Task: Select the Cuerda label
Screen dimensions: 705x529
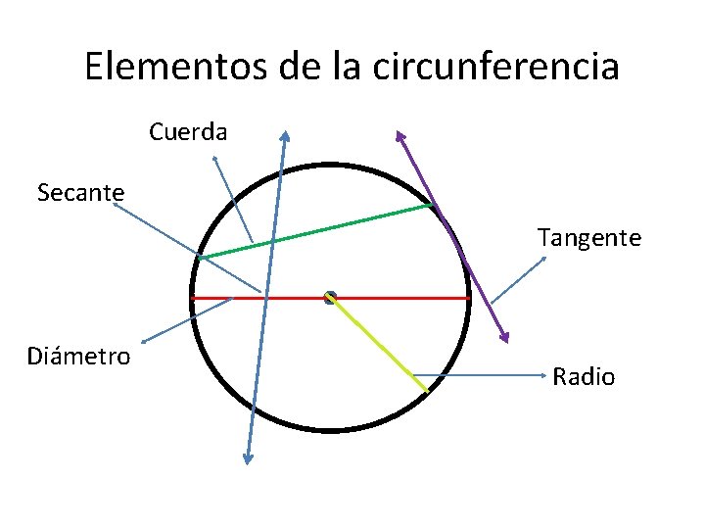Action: coord(188,131)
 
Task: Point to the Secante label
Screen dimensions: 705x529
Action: coord(80,193)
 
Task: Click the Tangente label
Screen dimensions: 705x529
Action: coord(588,237)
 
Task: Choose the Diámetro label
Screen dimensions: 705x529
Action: coord(78,356)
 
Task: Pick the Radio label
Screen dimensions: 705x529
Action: coord(584,376)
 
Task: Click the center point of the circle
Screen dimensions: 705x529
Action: coord(330,296)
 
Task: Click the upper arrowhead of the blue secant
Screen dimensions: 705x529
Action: coord(285,135)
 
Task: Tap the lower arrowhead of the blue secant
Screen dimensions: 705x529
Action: coord(248,458)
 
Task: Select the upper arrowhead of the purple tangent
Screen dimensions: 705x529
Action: coord(399,135)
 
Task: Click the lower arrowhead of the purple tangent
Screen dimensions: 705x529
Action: coord(506,337)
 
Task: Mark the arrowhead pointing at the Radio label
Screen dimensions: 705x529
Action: coord(541,375)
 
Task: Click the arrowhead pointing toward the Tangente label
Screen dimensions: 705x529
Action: coord(544,258)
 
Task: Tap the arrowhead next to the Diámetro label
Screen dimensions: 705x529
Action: coord(145,341)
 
